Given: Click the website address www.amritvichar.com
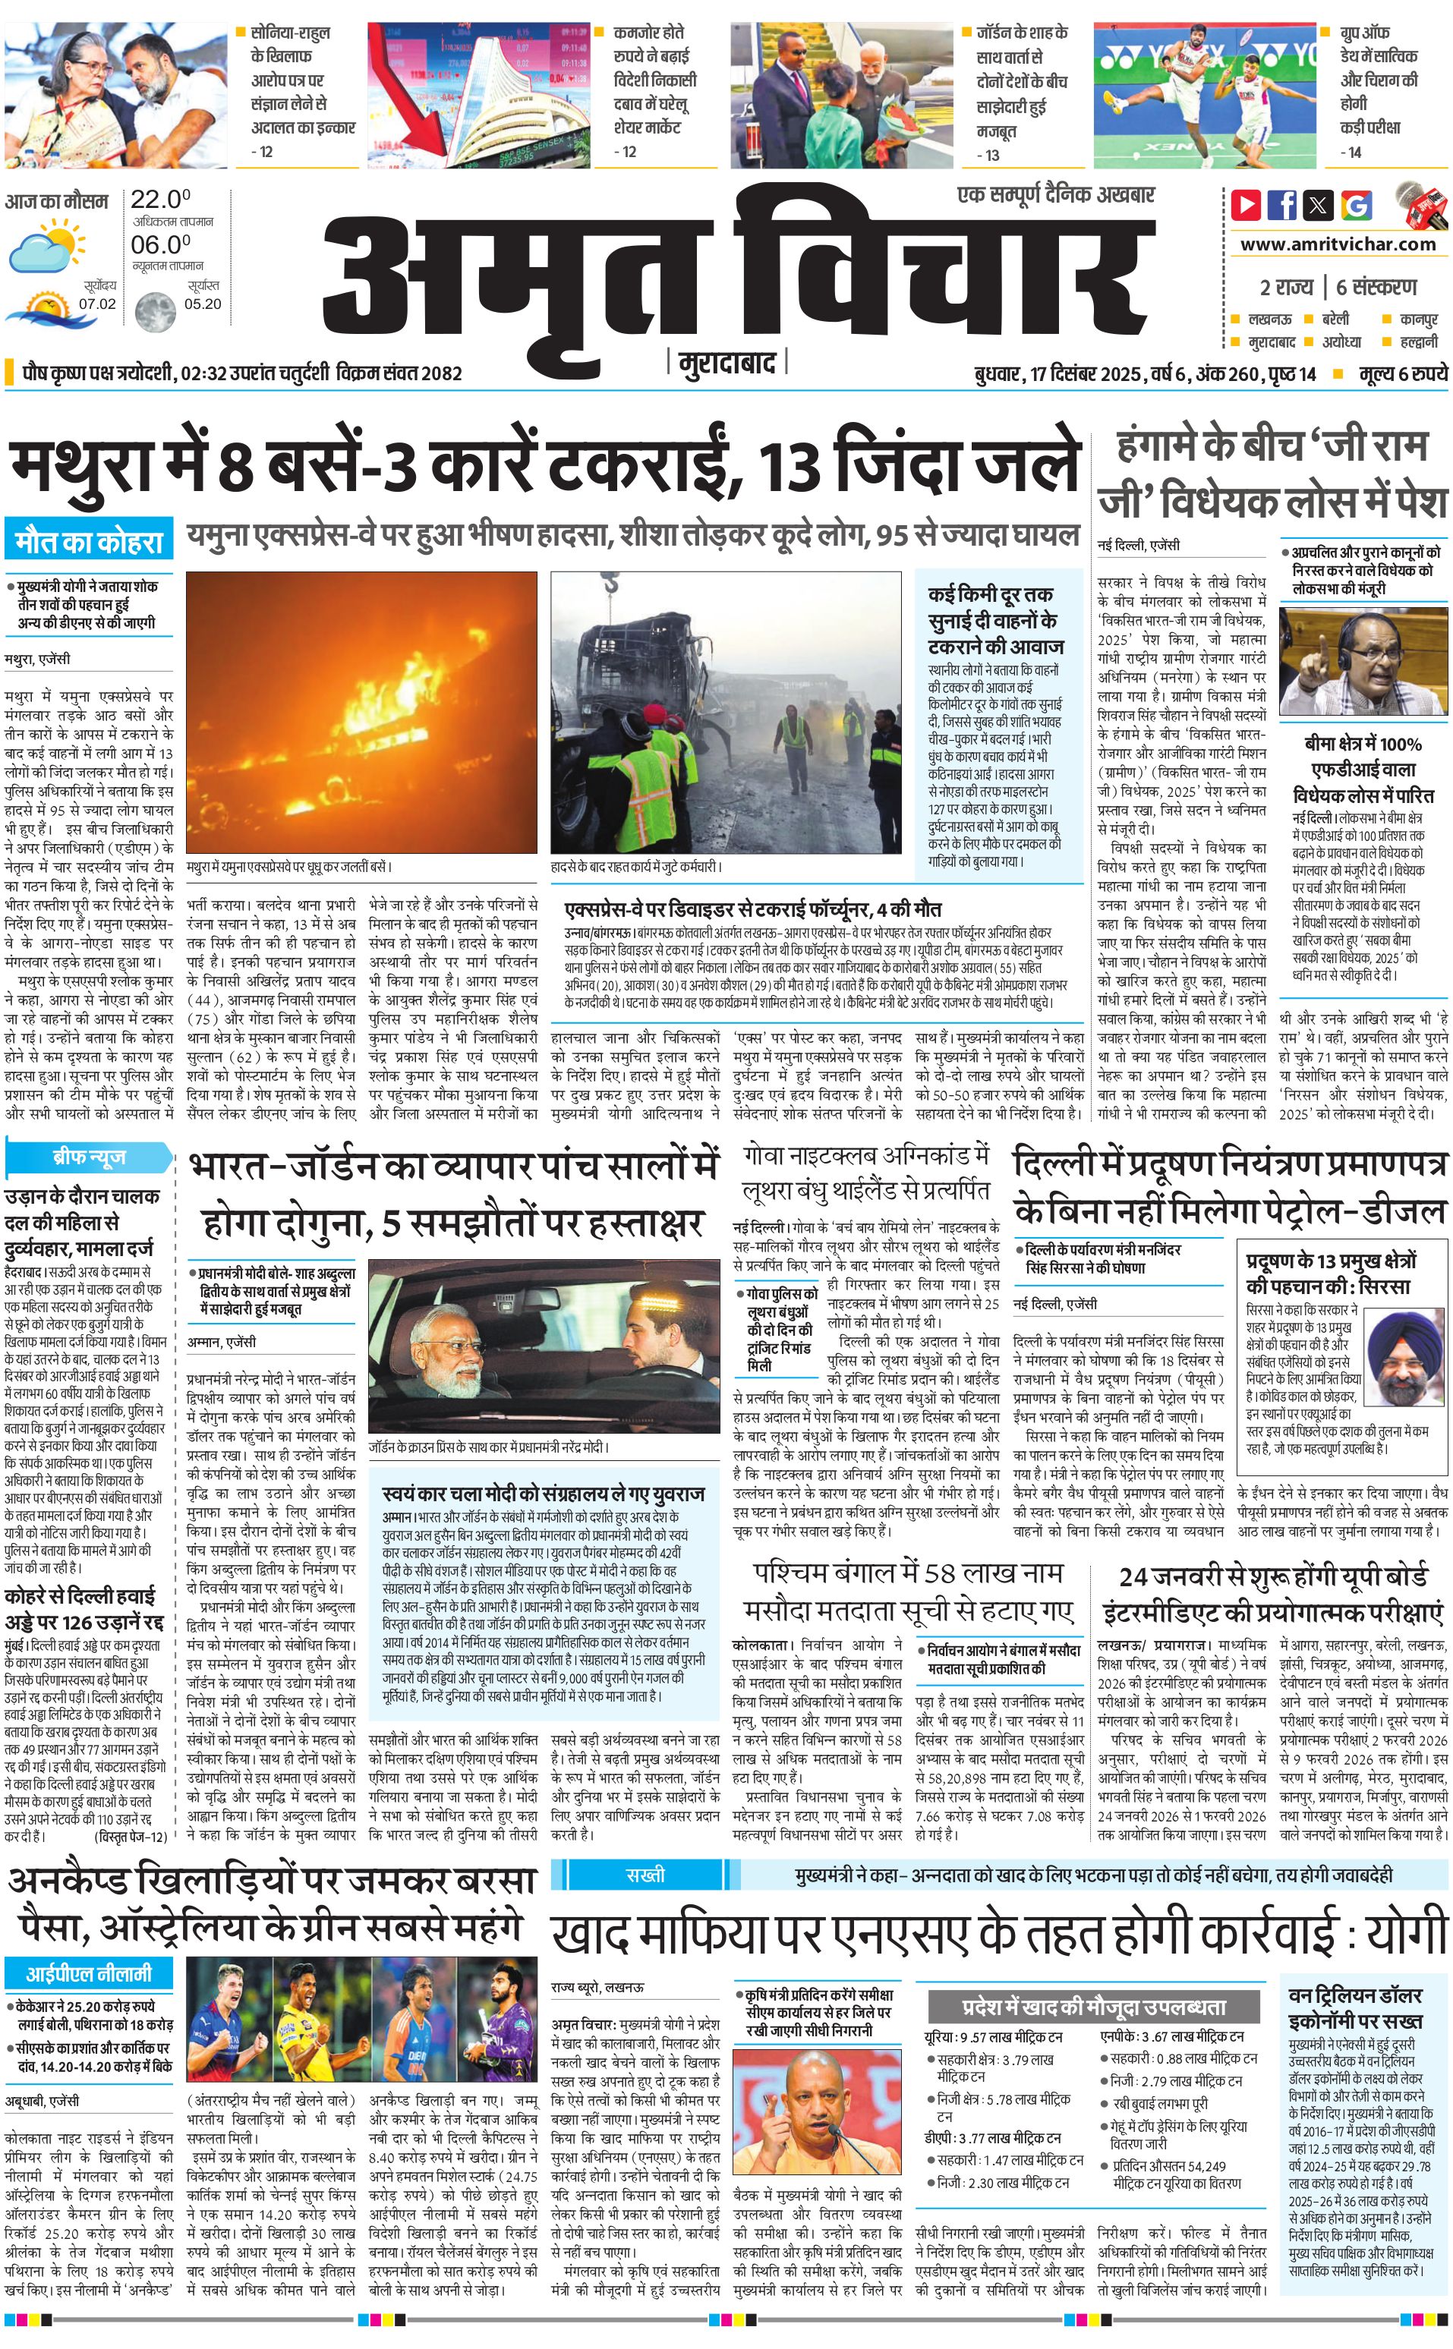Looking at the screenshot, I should coord(1338,244).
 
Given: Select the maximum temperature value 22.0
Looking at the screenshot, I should coord(159,200).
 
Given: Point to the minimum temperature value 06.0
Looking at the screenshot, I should coord(159,245).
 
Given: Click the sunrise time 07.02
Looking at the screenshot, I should coord(97,304).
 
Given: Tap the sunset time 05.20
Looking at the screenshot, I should coord(203,304).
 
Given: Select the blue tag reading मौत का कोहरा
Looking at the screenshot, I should coord(88,543).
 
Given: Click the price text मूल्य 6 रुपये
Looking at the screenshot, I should coord(1402,373).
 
